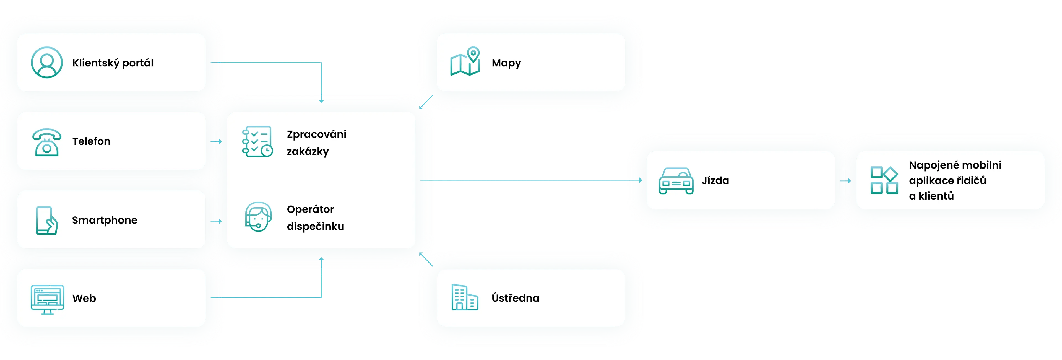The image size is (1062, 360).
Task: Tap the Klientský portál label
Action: pos(113,63)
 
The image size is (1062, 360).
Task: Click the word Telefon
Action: pos(91,141)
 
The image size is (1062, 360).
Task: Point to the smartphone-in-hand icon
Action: pos(46,220)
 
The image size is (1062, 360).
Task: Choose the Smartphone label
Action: pos(104,220)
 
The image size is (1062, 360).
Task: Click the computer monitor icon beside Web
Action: pos(47,299)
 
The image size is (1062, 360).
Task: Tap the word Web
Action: pos(84,298)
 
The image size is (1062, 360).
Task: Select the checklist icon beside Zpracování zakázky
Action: pos(257,141)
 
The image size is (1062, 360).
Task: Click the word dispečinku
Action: pos(315,226)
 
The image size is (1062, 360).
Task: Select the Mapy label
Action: pos(506,63)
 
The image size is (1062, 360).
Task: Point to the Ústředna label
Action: pos(515,298)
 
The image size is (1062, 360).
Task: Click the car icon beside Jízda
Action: pos(676,181)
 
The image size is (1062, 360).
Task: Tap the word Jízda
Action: pos(715,181)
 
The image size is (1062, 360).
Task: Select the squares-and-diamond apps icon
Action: pos(884,180)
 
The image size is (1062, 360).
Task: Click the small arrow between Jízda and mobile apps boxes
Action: pos(845,181)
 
